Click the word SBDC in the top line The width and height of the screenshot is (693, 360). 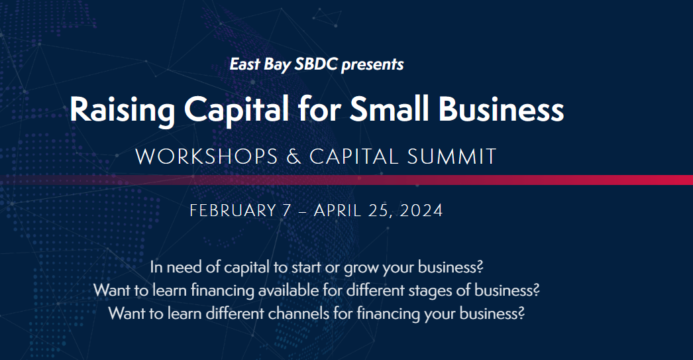pyautogui.click(x=316, y=64)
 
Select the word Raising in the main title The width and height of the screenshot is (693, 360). pyautogui.click(x=123, y=109)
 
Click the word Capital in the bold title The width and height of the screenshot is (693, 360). pyautogui.click(x=237, y=109)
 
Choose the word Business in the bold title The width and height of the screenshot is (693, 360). pyautogui.click(x=501, y=109)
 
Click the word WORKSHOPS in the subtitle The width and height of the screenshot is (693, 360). pyautogui.click(x=207, y=157)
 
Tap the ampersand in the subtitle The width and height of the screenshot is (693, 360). pyautogui.click(x=293, y=157)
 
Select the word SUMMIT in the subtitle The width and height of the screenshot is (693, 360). pyautogui.click(x=452, y=157)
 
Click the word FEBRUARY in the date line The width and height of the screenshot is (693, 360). pyautogui.click(x=233, y=211)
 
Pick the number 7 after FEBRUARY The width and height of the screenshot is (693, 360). pyautogui.click(x=287, y=211)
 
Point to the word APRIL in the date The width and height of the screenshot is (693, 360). pyautogui.click(x=337, y=211)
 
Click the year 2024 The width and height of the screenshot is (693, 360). pyautogui.click(x=421, y=211)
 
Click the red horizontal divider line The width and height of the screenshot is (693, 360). pyautogui.click(x=346, y=180)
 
